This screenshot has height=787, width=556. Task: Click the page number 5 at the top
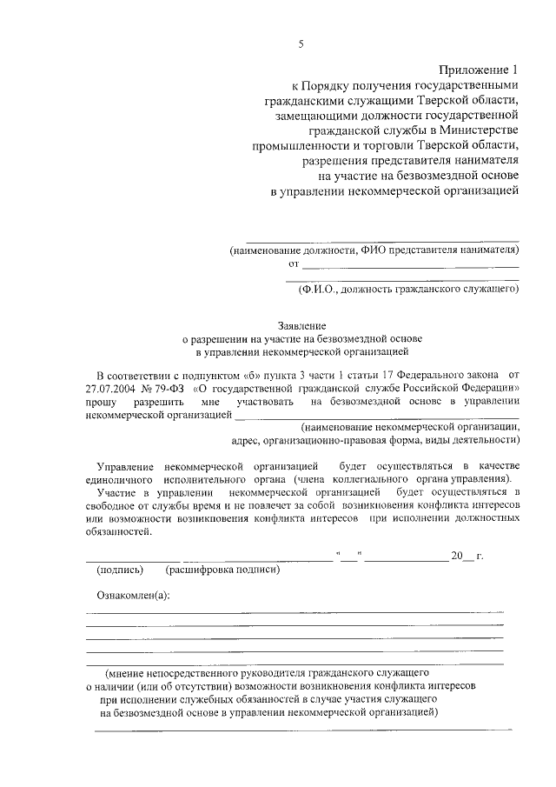pos(301,44)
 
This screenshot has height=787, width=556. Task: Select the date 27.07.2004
pos(116,388)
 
